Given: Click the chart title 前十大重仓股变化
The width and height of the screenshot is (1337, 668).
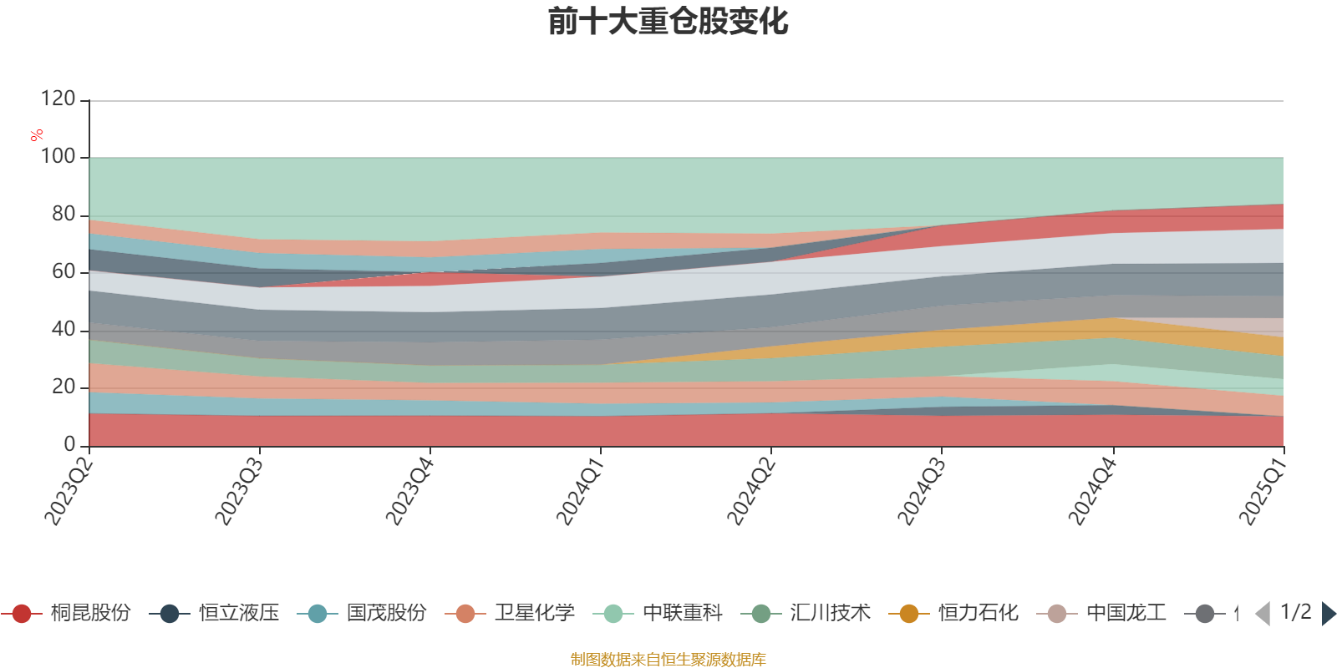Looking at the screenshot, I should tap(668, 22).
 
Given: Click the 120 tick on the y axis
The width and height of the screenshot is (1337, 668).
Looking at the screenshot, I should tap(58, 99).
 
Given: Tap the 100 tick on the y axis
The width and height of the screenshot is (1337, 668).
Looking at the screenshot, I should tap(58, 157).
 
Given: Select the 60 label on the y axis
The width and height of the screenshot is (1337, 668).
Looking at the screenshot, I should tap(64, 272).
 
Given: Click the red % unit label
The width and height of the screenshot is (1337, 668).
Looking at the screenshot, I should tap(37, 135).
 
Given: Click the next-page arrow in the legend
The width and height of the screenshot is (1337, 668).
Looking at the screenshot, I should tap(1328, 614).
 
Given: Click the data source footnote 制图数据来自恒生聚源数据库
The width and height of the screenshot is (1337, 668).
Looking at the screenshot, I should tap(668, 660).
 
